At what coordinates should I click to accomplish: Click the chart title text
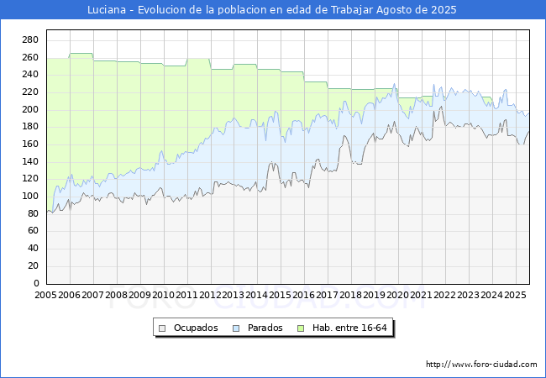pyautogui.click(x=273, y=10)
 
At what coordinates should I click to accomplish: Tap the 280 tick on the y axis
pyautogui.click(x=29, y=40)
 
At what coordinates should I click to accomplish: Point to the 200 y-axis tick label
pyautogui.click(x=29, y=110)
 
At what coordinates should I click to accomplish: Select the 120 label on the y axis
pyautogui.click(x=29, y=179)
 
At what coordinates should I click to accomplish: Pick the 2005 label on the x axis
pyautogui.click(x=46, y=296)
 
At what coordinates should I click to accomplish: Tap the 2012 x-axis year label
pyautogui.click(x=210, y=296)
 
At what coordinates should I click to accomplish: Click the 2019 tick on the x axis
pyautogui.click(x=374, y=296)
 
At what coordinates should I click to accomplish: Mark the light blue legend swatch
pyautogui.click(x=237, y=328)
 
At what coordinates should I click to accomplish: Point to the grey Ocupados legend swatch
pyautogui.click(x=162, y=328)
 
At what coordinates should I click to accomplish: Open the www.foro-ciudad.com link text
pyautogui.click(x=481, y=365)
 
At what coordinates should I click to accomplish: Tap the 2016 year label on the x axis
pyautogui.click(x=303, y=296)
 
